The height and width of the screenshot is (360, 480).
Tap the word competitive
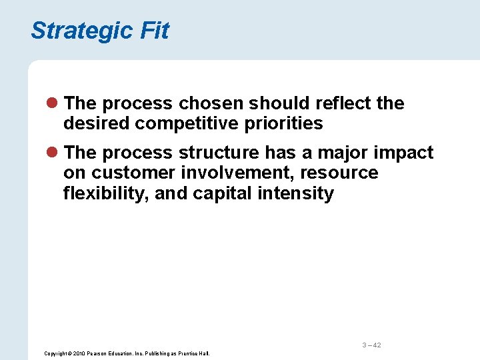click(186, 124)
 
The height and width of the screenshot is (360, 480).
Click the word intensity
click(303, 194)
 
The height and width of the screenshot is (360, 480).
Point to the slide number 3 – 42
click(371, 345)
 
